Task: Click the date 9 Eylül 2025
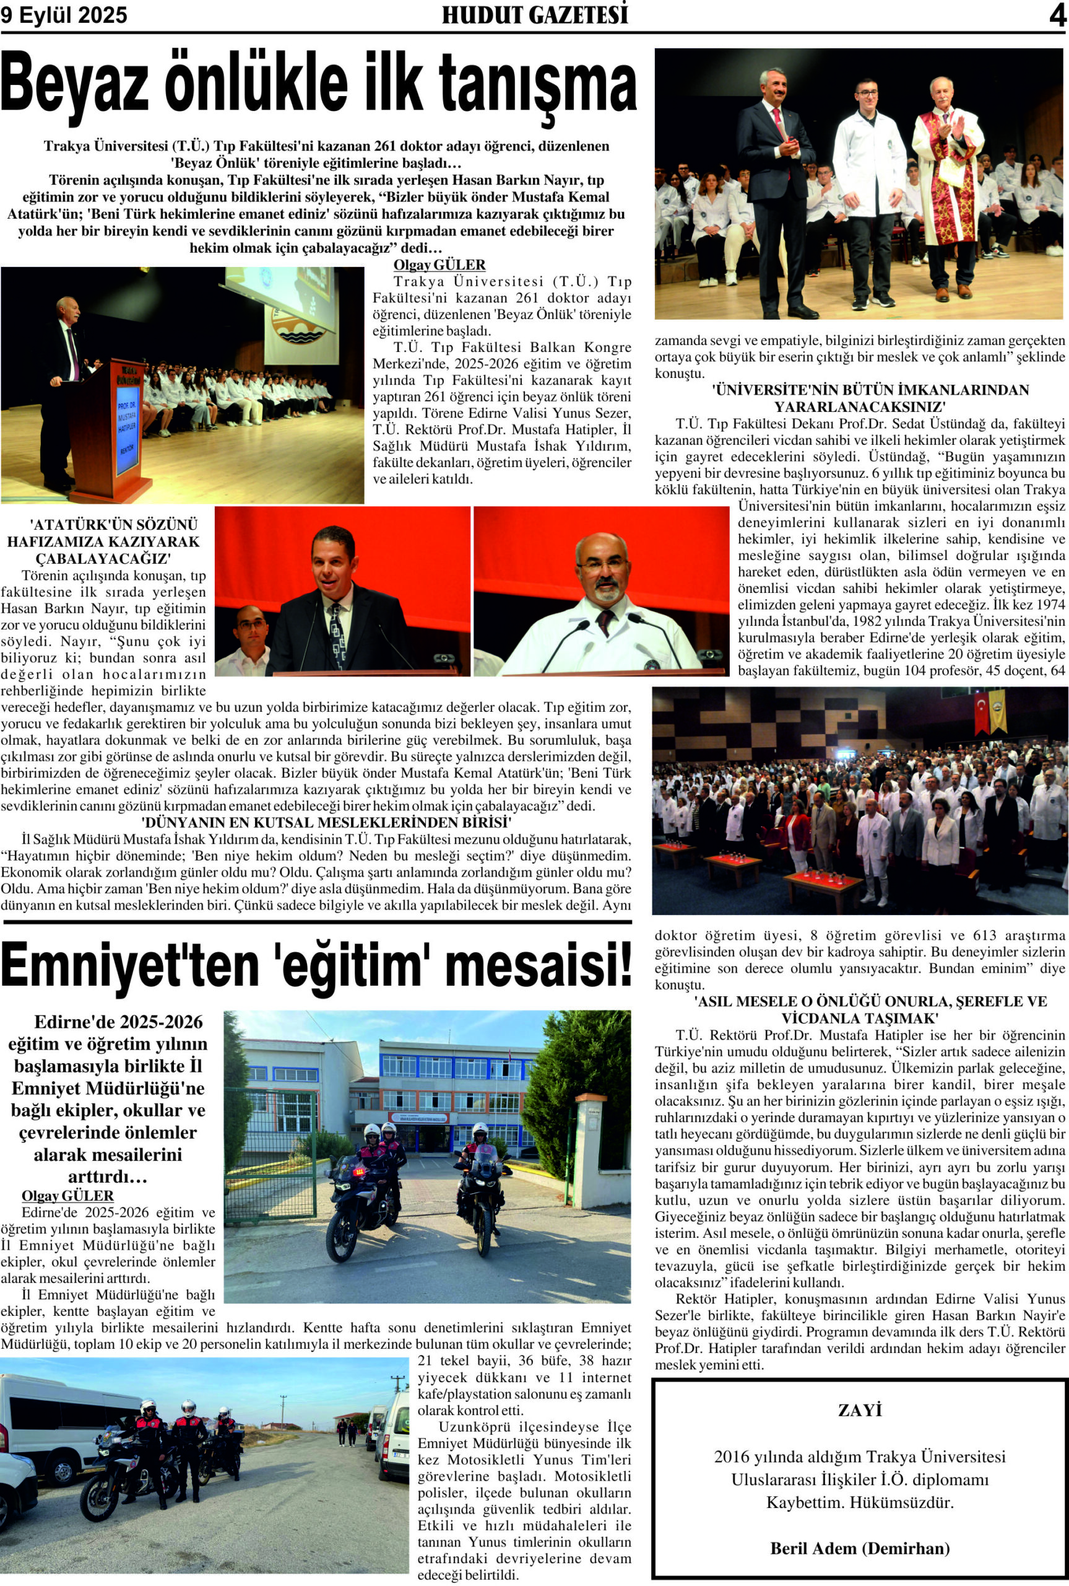[x=64, y=15]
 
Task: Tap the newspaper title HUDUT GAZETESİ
[x=535, y=15]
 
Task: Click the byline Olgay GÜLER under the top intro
[x=439, y=265]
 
